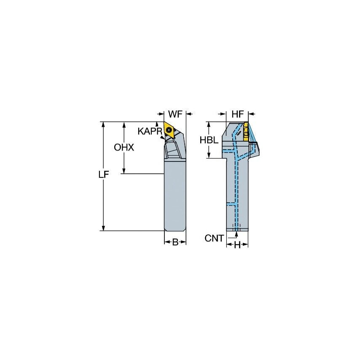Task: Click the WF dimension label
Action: [x=175, y=114]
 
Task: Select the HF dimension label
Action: [x=237, y=114]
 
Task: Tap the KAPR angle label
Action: [x=150, y=131]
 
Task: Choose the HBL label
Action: [x=209, y=140]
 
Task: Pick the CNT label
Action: [x=214, y=239]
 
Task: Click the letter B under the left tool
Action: [x=175, y=242]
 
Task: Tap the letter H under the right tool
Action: [x=237, y=245]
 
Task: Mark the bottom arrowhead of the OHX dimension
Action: [x=124, y=171]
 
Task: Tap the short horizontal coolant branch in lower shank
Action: [x=231, y=204]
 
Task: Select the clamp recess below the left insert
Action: [x=173, y=150]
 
